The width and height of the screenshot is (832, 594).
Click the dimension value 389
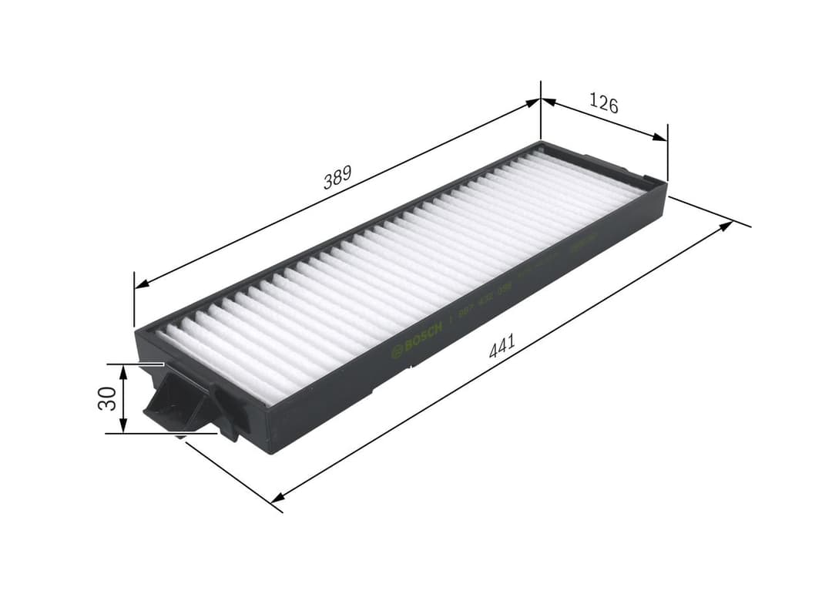(337, 178)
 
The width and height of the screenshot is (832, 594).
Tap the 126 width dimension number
(604, 102)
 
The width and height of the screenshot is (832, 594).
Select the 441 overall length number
(502, 346)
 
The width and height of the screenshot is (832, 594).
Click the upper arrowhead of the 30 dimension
(123, 371)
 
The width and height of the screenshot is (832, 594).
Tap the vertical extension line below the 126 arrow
(667, 158)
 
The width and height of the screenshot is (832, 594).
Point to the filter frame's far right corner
(665, 183)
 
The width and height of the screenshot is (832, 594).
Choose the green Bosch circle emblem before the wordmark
(398, 351)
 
